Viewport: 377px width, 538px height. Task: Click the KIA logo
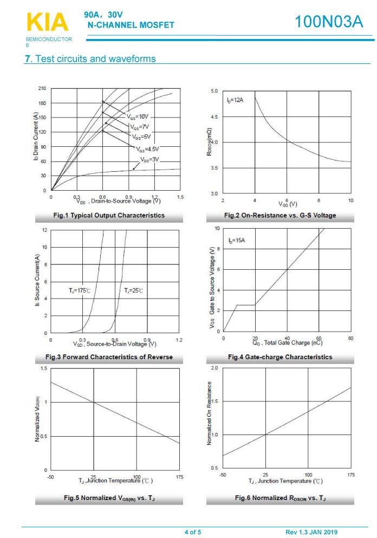point(47,22)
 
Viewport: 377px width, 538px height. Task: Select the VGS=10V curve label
point(138,116)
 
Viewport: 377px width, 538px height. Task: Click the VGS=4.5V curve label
point(147,149)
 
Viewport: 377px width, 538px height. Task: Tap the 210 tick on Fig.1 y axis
point(42,88)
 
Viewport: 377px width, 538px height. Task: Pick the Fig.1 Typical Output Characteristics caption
point(109,215)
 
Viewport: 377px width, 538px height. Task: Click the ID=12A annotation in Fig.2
point(235,101)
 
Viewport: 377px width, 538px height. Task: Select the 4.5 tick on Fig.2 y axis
point(215,116)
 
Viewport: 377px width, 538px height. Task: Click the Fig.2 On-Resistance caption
point(280,215)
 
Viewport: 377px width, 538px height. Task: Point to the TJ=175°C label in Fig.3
point(79,290)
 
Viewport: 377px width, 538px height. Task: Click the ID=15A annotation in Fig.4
point(237,240)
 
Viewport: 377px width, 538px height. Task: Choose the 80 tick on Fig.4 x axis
point(350,339)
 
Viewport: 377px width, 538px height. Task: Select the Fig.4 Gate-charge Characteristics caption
point(280,357)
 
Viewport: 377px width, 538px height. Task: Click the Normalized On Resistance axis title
point(210,413)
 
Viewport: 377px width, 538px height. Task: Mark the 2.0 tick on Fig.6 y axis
point(214,368)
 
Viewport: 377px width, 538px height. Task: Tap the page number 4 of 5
point(192,532)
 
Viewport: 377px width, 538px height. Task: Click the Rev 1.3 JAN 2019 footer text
point(311,532)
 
